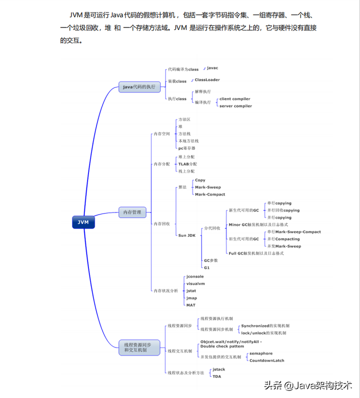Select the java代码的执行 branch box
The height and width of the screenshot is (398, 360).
click(x=139, y=87)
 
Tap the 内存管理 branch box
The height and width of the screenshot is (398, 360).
click(x=132, y=212)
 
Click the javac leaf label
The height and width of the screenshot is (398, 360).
click(x=212, y=68)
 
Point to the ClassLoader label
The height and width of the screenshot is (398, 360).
click(x=206, y=80)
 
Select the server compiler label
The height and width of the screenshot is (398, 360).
click(x=235, y=106)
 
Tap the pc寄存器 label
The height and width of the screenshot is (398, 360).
click(x=187, y=148)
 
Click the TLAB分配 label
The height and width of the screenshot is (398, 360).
click(x=187, y=164)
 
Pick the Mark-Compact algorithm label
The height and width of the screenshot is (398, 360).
click(x=210, y=194)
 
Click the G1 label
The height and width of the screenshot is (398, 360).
click(x=206, y=267)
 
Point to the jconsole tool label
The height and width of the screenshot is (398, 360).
click(x=195, y=276)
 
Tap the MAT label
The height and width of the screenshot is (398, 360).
click(x=191, y=304)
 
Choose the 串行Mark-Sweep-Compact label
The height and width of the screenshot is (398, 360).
click(x=294, y=232)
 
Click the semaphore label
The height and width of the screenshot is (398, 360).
click(x=261, y=353)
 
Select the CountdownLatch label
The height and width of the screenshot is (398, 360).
click(x=267, y=360)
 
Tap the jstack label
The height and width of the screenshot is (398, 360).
click(x=218, y=369)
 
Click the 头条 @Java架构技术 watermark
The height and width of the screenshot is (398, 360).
click(x=308, y=385)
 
